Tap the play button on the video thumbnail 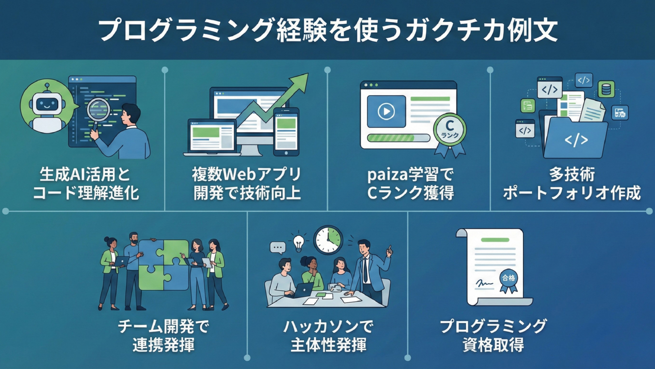(x=386, y=111)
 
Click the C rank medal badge (x=450, y=130)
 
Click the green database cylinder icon (x=606, y=89)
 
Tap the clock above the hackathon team (x=327, y=240)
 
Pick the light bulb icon (x=299, y=242)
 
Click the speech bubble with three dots (x=277, y=247)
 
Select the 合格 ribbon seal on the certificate (x=509, y=279)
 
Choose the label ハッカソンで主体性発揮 (x=328, y=336)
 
